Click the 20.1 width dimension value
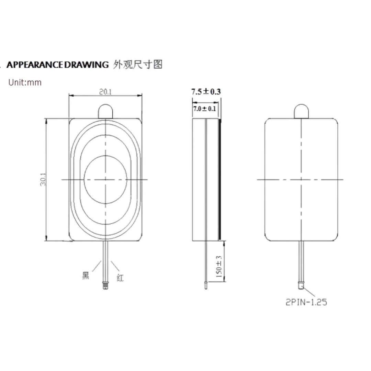click(105, 92)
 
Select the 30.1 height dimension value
click(43, 179)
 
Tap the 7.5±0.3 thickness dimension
click(206, 91)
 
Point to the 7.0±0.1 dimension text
click(205, 109)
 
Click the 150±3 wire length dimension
click(219, 267)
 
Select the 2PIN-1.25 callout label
click(306, 302)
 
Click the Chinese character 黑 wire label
click(86, 276)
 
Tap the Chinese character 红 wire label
click(120, 278)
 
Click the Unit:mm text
click(25, 82)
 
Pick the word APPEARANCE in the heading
click(35, 65)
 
